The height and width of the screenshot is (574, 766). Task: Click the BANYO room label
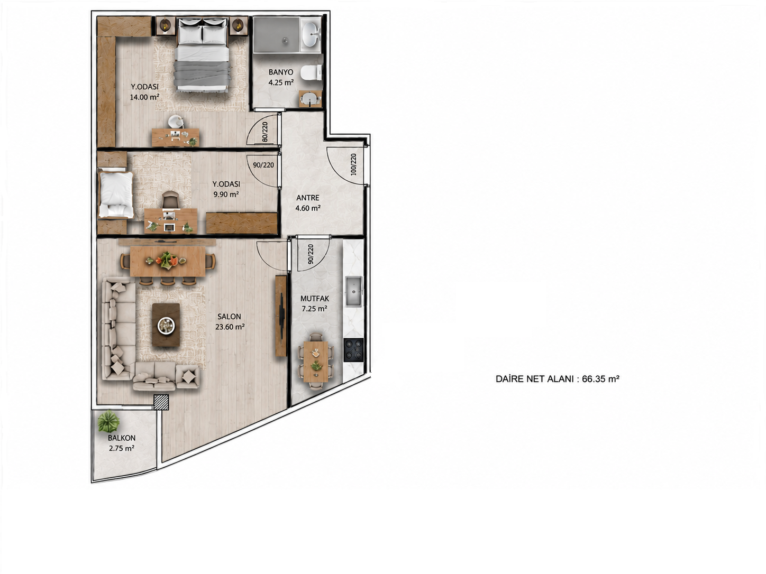[x=280, y=72]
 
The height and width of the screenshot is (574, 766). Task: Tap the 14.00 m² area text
[x=144, y=97]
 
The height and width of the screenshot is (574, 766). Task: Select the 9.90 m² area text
[x=226, y=194]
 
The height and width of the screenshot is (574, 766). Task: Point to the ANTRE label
[x=308, y=198]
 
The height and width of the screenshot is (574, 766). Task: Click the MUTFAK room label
[x=314, y=299]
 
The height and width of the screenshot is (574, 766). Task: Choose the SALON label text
[x=229, y=317]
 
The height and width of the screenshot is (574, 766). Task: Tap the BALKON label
[x=122, y=438]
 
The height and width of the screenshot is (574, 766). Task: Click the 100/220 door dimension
[x=353, y=164]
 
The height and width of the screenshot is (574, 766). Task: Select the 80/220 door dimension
[x=265, y=132]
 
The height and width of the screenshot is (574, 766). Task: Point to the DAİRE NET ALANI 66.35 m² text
[x=558, y=379]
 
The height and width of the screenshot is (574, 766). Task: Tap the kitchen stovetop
[x=353, y=349]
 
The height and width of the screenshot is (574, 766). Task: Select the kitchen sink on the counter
[x=354, y=291]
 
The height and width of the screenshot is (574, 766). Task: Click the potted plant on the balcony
[x=108, y=421]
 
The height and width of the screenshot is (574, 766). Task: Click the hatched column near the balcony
[x=161, y=402]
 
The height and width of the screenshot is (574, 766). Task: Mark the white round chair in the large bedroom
[x=176, y=122]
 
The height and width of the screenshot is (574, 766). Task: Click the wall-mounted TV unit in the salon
[x=281, y=316]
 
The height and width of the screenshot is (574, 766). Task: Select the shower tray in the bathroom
[x=276, y=34]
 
